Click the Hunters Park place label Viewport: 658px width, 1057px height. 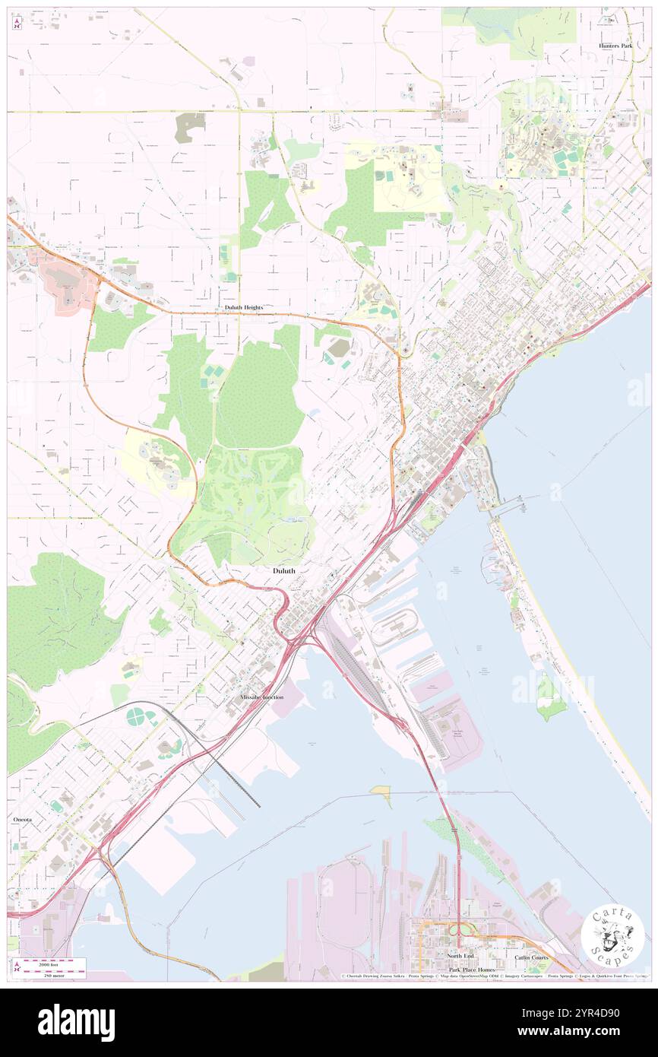click(615, 46)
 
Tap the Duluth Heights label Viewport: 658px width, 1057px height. click(243, 307)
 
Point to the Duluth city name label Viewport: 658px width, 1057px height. click(284, 570)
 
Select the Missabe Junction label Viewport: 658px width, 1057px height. click(261, 697)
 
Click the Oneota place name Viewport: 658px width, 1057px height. click(23, 821)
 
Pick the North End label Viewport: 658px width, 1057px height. click(460, 955)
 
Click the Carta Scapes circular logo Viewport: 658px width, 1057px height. click(613, 935)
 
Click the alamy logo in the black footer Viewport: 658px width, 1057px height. click(76, 1022)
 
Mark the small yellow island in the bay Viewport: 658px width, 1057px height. click(381, 794)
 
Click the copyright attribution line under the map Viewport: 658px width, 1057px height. click(494, 976)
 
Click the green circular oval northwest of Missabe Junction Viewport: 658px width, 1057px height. click(135, 716)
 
